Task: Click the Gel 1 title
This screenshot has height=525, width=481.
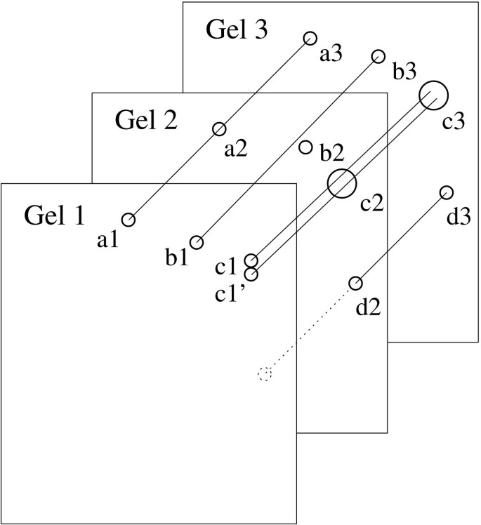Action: (x=54, y=215)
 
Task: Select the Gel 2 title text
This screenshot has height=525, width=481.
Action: (x=145, y=121)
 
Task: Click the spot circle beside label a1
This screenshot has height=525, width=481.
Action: (x=128, y=220)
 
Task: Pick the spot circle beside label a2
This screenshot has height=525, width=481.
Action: (x=219, y=128)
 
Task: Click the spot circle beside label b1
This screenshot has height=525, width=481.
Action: (x=197, y=242)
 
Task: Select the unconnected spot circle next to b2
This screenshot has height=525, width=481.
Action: (x=305, y=147)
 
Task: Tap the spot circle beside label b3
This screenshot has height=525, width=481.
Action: (x=378, y=56)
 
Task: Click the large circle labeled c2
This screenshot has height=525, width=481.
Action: (x=342, y=183)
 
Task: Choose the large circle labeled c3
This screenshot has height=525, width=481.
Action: (x=433, y=94)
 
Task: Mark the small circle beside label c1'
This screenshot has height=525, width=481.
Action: (x=251, y=274)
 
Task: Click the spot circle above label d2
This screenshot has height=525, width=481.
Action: (x=355, y=284)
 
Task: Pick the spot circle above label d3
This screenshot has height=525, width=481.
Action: (x=446, y=192)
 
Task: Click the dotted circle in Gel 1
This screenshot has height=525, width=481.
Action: (x=264, y=374)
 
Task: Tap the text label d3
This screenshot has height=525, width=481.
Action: (x=459, y=219)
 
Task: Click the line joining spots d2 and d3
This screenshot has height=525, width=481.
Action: (x=400, y=238)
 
